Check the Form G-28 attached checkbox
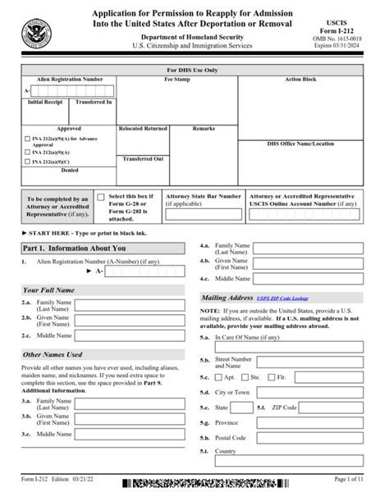pos(101,198)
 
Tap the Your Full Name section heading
pos(48,289)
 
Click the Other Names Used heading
pos(53,354)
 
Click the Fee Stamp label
pos(178,80)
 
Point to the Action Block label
pos(300,80)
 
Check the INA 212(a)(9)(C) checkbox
pos(26,162)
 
